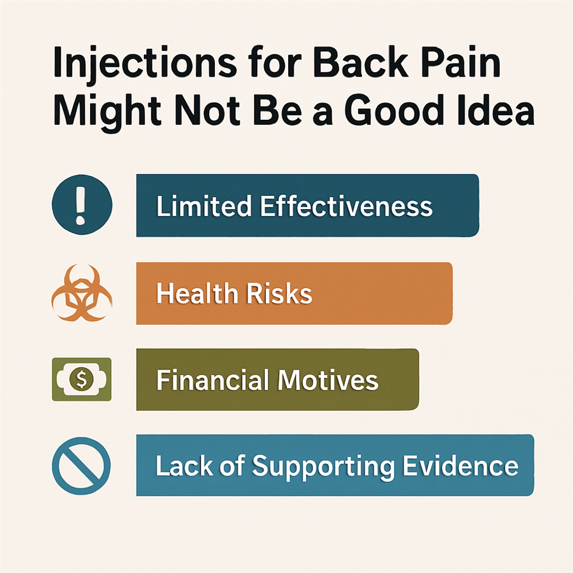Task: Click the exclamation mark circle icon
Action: pos(82,205)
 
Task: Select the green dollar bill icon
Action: pos(82,379)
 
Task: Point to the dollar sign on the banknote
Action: pos(82,379)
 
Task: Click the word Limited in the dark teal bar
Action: pos(204,206)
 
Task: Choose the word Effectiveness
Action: pos(347,206)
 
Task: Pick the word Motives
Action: pos(328,380)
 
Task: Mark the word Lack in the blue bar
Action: pos(184,465)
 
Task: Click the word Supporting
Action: pos(323,468)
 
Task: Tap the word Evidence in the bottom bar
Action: pos(461,465)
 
